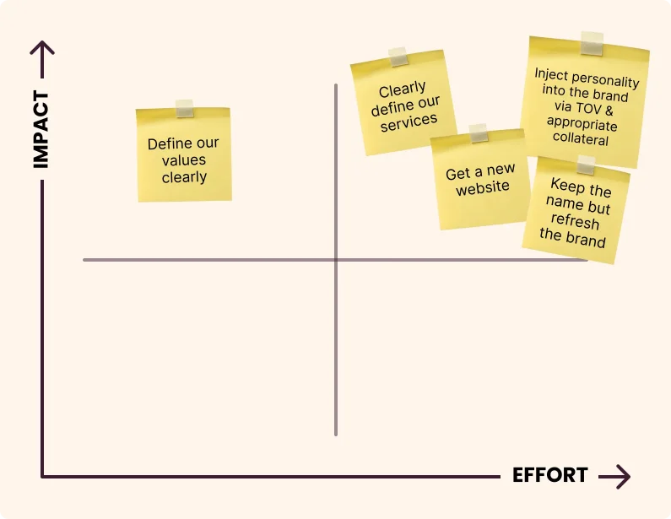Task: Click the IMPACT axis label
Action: (41, 130)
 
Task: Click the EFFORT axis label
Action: (550, 475)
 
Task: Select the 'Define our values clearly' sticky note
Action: (184, 156)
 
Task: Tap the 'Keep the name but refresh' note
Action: (576, 211)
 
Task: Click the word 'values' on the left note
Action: (185, 160)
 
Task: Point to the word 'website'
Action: (483, 188)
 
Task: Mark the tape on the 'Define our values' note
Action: (185, 108)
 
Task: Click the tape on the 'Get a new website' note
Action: (479, 132)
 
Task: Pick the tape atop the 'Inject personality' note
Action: (593, 43)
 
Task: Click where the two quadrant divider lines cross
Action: (336, 260)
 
